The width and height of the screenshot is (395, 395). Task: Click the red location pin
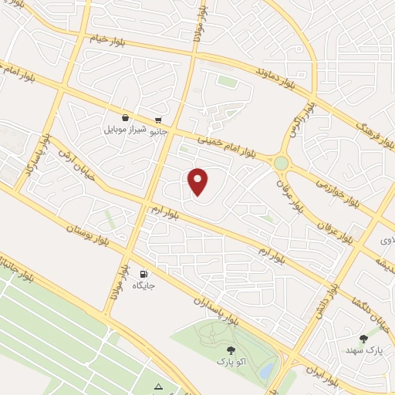199,181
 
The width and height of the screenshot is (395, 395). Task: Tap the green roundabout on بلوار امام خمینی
281,163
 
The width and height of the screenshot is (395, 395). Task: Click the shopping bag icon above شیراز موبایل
125,119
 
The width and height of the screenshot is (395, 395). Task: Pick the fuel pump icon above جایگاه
143,274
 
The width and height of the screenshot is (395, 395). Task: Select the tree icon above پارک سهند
364,338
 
